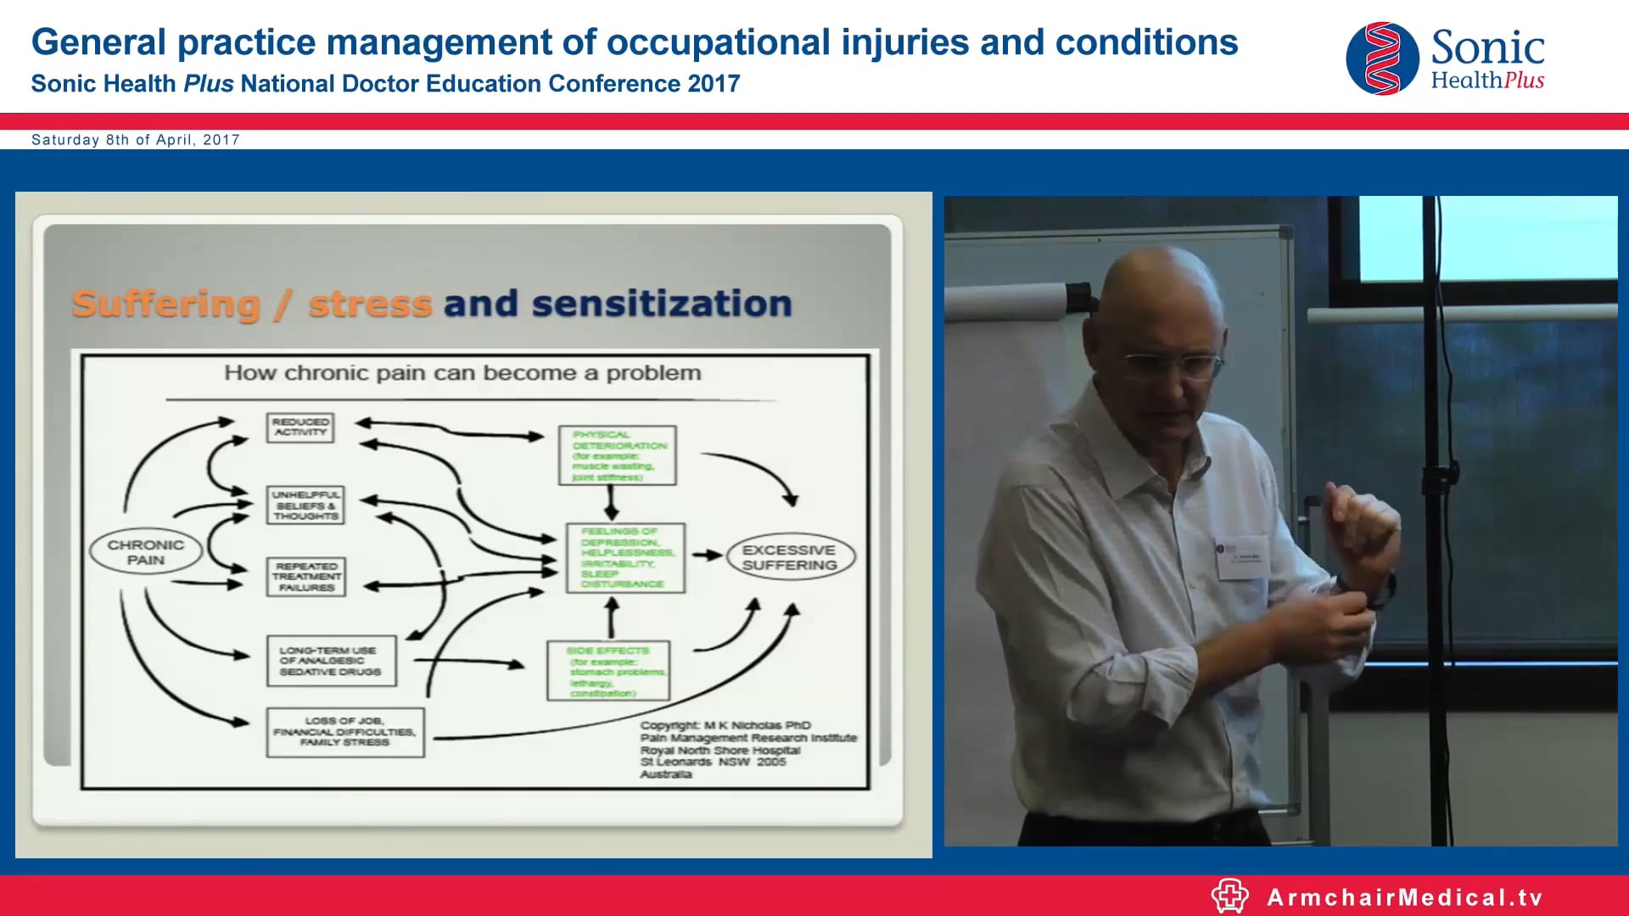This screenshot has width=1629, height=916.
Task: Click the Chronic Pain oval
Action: [145, 552]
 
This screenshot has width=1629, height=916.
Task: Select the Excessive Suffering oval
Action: [790, 557]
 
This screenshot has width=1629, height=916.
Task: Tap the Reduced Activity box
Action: [300, 427]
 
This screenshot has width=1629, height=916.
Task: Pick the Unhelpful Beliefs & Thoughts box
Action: [305, 505]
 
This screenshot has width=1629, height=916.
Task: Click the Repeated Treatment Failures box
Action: [306, 577]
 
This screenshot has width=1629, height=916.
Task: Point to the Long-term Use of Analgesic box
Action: [331, 661]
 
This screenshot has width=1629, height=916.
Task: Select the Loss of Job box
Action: [344, 732]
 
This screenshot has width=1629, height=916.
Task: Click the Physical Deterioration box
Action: [617, 455]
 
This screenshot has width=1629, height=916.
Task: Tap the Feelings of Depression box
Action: [625, 557]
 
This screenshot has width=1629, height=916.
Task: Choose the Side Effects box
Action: [607, 671]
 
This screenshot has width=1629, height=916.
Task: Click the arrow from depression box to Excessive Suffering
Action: [706, 556]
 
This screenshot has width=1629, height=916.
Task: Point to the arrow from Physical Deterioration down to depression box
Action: [611, 504]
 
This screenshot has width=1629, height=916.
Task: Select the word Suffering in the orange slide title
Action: [166, 304]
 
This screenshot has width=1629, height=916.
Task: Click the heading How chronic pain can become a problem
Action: [462, 373]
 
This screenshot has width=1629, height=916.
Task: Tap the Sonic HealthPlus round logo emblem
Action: [1382, 59]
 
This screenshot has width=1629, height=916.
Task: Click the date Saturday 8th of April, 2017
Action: [136, 140]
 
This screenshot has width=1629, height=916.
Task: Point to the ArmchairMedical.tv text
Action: [1404, 897]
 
